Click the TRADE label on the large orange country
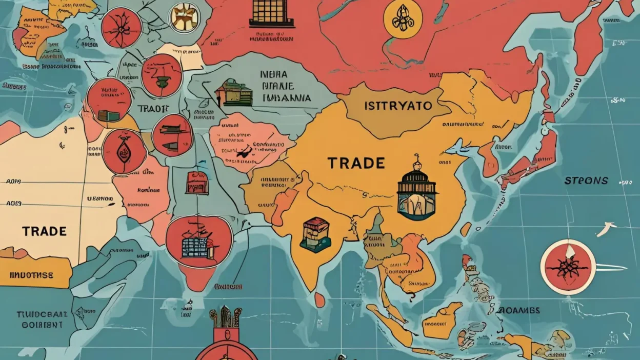click(x=356, y=163)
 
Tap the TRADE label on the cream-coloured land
click(x=44, y=231)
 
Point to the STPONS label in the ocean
click(x=586, y=181)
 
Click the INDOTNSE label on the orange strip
click(x=31, y=275)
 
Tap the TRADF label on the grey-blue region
click(x=153, y=109)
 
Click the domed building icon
click(x=416, y=191)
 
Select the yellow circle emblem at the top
click(x=403, y=19)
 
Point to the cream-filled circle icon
click(x=185, y=17)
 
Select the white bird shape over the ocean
click(x=606, y=229)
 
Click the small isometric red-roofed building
click(x=315, y=234)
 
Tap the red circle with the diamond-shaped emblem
click(x=124, y=151)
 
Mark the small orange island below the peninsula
click(x=319, y=299)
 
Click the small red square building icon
click(x=197, y=183)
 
